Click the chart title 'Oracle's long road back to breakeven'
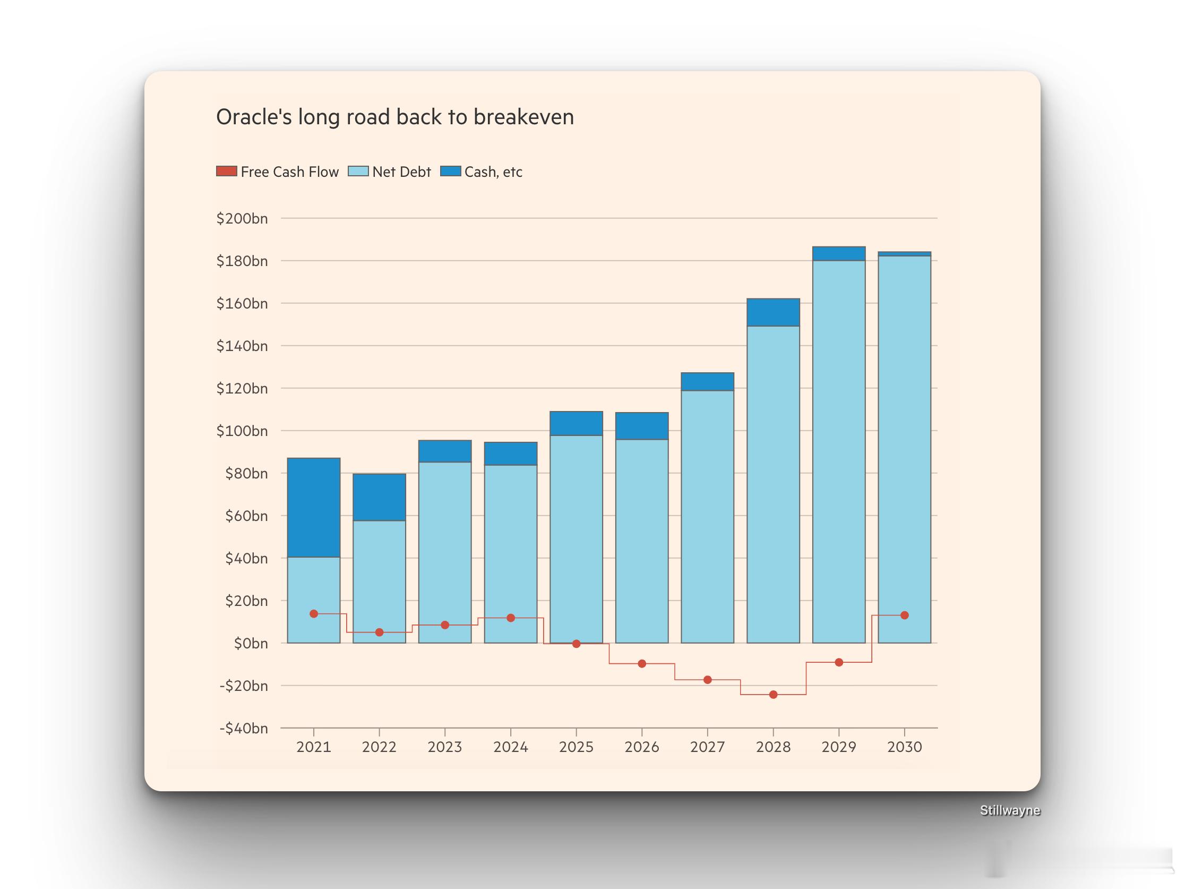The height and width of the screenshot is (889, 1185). point(395,117)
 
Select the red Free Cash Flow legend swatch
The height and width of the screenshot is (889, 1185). point(226,172)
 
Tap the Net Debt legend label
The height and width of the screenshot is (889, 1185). point(401,172)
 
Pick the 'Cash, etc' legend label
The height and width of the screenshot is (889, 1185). point(493,172)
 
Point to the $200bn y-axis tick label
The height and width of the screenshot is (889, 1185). point(242,219)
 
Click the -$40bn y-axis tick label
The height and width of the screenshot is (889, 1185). point(243,728)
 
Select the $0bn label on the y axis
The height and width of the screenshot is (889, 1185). point(250,644)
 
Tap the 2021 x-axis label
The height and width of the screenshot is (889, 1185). point(313,747)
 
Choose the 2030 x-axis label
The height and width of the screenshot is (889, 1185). point(904,747)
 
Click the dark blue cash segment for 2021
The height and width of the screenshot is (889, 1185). point(313,508)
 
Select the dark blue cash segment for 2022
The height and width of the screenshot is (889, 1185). point(379,497)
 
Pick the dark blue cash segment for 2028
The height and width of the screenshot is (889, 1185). point(773,312)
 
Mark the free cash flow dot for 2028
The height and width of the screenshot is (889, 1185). point(773,695)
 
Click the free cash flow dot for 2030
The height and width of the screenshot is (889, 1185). point(904,615)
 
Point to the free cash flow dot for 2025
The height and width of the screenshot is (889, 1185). point(577,644)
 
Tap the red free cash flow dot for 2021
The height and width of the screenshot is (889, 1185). point(314,613)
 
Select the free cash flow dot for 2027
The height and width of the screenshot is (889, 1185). point(708,680)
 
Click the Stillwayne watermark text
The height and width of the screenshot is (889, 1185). point(1010,810)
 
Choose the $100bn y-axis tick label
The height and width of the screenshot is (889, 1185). point(242,431)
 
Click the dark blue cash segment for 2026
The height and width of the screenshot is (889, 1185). point(642,426)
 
